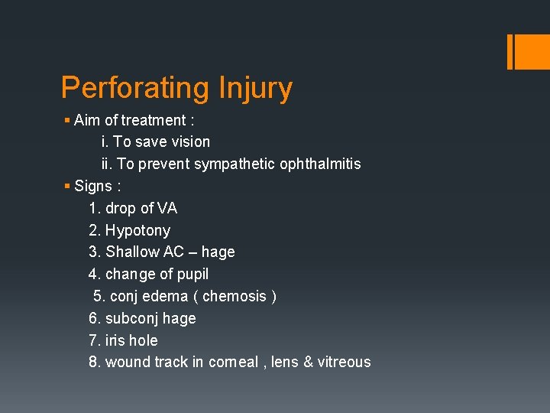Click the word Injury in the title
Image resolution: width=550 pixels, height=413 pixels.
pyautogui.click(x=255, y=89)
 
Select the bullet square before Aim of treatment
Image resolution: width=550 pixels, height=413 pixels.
pyautogui.click(x=67, y=120)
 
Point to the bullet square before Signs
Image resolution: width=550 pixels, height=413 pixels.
pyautogui.click(x=67, y=186)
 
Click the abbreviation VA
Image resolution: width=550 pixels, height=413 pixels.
pyautogui.click(x=167, y=208)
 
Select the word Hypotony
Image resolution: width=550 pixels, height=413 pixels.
pyautogui.click(x=137, y=230)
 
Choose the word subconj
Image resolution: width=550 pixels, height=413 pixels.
pyautogui.click(x=131, y=318)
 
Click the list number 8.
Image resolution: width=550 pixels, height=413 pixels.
pyautogui.click(x=94, y=362)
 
